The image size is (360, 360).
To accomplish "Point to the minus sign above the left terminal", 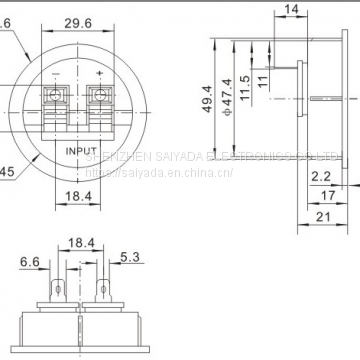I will click(x=59, y=75).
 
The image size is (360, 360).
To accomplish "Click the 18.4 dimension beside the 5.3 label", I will click(x=80, y=243).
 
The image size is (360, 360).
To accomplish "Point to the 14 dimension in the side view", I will click(x=291, y=10).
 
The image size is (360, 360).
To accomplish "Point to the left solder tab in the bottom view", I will click(x=58, y=293).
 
